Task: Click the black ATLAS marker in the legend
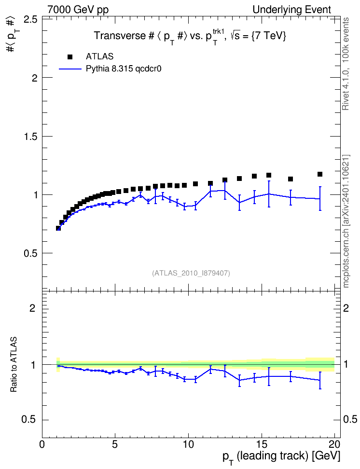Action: (x=70, y=57)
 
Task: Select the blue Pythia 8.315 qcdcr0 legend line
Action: (x=70, y=69)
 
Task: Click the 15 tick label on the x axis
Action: (x=262, y=444)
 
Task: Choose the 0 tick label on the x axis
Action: (x=42, y=444)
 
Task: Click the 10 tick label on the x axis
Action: (x=188, y=444)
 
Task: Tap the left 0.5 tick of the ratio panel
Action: (x=29, y=420)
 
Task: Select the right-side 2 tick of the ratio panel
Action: (x=346, y=308)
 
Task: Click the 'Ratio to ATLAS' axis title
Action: (x=14, y=365)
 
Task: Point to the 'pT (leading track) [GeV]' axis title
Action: (x=281, y=457)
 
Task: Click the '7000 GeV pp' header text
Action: (x=78, y=10)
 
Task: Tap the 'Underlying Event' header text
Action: (x=292, y=10)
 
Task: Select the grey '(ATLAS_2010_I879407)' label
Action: (x=191, y=273)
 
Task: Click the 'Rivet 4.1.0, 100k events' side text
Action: (x=346, y=64)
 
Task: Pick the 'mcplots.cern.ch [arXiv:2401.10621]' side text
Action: (x=346, y=221)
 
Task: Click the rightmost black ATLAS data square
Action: (x=320, y=174)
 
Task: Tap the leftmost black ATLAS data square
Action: (x=58, y=228)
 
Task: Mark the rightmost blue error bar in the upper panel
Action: (x=320, y=199)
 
